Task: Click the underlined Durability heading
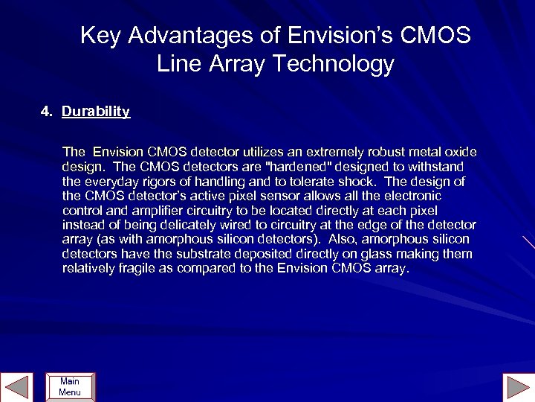click(96, 112)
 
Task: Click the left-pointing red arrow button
click(17, 387)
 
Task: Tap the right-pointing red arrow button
click(517, 387)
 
